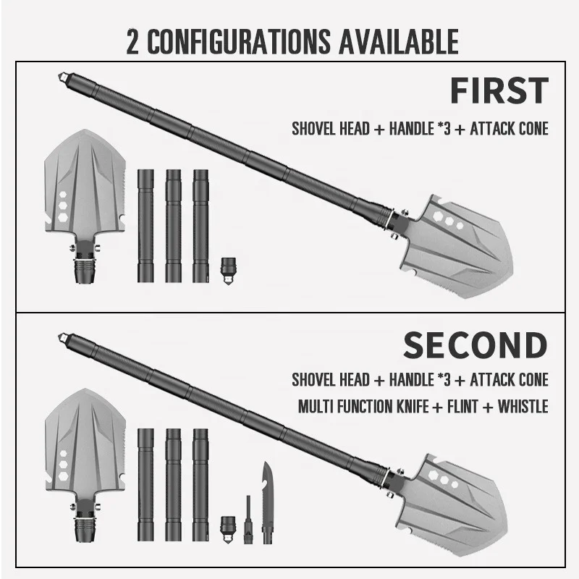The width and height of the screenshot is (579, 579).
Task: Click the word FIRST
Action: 498,91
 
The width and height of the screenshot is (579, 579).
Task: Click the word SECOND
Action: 475,345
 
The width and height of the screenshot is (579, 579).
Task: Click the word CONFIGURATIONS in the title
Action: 230,42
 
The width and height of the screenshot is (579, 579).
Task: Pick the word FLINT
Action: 457,406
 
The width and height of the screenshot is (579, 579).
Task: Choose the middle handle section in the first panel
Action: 172,225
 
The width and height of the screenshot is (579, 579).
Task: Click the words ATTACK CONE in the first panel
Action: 509,130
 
